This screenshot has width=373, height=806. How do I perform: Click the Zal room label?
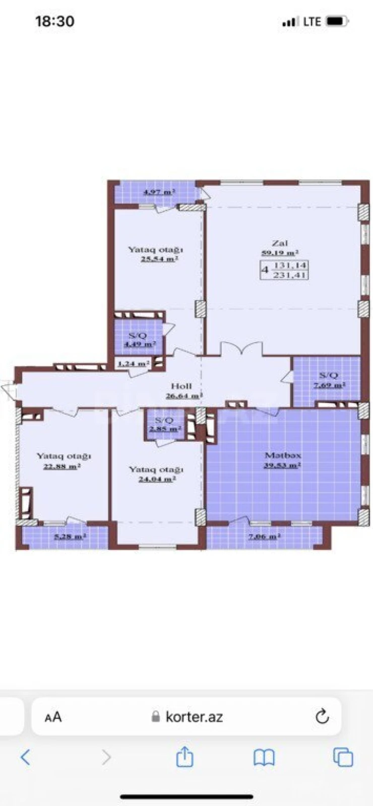tap(280, 243)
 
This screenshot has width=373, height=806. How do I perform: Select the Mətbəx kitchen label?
tap(283, 455)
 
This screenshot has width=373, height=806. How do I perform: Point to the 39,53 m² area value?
tap(282, 465)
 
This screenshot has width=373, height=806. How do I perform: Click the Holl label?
tap(181, 386)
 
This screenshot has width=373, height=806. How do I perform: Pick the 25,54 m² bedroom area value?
tap(159, 259)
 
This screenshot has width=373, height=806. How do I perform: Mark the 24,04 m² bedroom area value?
tap(157, 479)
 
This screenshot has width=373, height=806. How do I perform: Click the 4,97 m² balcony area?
tap(159, 192)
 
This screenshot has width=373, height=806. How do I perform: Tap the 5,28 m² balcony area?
tap(70, 536)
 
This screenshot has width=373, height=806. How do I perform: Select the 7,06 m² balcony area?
tap(264, 536)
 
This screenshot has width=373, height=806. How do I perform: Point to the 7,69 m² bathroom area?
tap(329, 385)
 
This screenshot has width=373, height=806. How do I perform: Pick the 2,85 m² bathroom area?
tap(165, 429)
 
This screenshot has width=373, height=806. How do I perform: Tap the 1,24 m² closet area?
tap(134, 363)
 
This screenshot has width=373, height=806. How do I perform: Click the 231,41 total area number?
tap(290, 275)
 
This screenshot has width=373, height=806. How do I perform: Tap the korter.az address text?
tap(194, 717)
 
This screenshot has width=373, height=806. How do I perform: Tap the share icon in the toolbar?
tap(184, 757)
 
